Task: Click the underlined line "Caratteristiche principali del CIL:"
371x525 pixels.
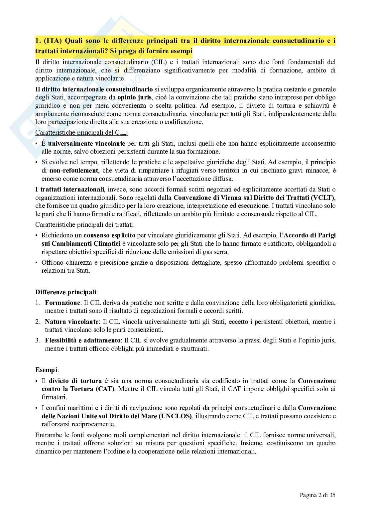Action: (81, 133)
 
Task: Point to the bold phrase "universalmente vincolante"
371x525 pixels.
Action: (86, 143)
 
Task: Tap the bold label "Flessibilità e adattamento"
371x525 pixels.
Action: (83, 340)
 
